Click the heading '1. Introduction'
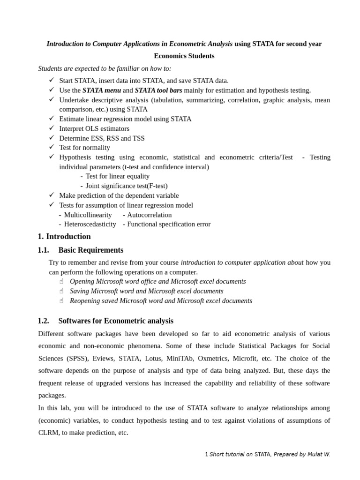pos(64,237)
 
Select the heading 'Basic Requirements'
pos(91,250)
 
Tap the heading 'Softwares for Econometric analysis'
pos(116,321)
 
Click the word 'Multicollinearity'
pos(88,215)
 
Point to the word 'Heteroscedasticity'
pos(90,225)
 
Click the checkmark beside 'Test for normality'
pos(52,147)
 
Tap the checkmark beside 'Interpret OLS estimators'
pos(52,128)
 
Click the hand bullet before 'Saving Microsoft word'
pos(61,291)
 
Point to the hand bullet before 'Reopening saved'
pos(61,301)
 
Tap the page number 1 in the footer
pos(206,454)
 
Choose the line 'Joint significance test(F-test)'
pos(126,186)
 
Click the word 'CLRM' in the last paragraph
pos(49,433)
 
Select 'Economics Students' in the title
pos(184,56)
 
